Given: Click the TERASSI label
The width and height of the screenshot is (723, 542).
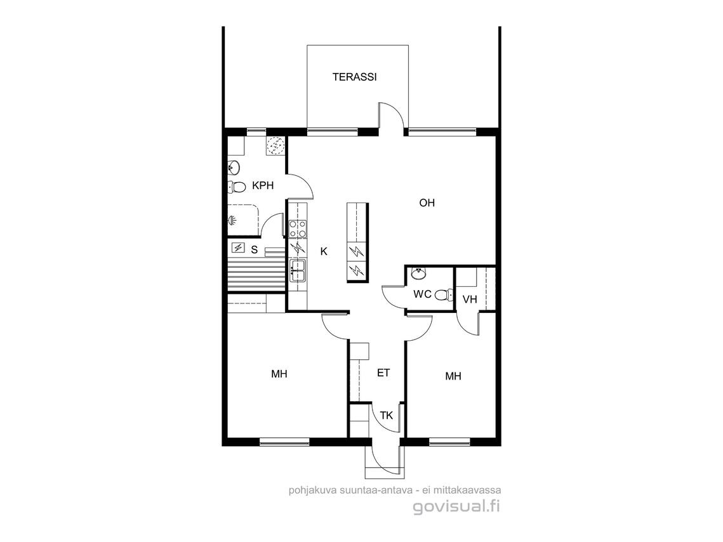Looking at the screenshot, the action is (355, 77).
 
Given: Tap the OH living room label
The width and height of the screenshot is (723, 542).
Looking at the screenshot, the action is (427, 203).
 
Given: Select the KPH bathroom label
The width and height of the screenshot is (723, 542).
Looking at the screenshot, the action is (263, 186).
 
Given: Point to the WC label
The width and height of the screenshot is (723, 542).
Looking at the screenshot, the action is (422, 294).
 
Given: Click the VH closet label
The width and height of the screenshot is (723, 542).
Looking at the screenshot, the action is (470, 300).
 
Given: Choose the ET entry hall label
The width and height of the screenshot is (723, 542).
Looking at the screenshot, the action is (383, 373).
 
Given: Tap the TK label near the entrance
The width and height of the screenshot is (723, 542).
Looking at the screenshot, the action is (387, 416).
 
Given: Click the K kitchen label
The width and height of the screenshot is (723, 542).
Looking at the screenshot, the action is (324, 251).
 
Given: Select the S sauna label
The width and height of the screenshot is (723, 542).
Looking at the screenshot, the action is (254, 250).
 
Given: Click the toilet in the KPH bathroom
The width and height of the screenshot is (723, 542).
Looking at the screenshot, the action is (237, 187).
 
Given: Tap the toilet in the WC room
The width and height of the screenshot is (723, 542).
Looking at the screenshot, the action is (444, 295).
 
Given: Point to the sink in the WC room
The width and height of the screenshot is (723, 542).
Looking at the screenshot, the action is (419, 274).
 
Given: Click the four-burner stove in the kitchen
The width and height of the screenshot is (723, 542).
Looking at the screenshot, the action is (298, 228).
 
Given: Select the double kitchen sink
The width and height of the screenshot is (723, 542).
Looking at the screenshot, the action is (298, 270).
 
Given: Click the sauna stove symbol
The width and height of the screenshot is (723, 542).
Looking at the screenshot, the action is (239, 248).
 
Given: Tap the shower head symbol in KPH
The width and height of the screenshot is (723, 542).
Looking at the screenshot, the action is (232, 221).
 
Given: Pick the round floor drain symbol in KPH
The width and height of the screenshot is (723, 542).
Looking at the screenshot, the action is (275, 146).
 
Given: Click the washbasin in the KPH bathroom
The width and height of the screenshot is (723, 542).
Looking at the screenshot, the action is (234, 168).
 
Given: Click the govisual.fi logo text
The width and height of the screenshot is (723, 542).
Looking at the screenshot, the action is (456, 507).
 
